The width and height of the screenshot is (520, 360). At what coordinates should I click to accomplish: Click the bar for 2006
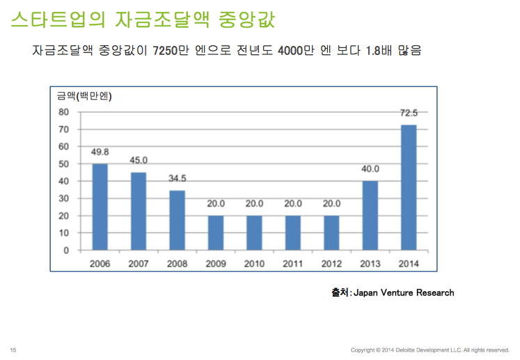100,207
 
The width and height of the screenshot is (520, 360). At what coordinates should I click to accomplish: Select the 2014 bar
409,187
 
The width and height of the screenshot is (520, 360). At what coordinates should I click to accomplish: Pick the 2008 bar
178,220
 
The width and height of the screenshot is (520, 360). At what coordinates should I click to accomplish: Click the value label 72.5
409,113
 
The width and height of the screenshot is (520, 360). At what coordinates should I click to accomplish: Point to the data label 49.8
100,152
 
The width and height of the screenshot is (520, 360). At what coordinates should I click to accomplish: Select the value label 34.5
178,178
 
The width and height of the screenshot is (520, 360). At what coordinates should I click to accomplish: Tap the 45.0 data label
139,160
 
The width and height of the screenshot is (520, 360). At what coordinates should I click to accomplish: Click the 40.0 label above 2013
370,169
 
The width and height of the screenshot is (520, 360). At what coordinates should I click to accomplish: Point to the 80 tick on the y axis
63,112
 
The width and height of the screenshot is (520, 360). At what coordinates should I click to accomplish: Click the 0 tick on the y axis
66,250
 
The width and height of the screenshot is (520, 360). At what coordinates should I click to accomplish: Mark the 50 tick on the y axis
63,164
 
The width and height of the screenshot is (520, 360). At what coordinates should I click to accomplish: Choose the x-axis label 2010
254,264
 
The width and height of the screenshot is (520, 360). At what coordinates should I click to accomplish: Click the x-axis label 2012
331,264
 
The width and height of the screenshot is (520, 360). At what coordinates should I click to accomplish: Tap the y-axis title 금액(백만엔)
84,96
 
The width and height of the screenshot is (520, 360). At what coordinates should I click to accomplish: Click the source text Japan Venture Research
404,292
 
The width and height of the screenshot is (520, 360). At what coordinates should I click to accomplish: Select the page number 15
13,350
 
